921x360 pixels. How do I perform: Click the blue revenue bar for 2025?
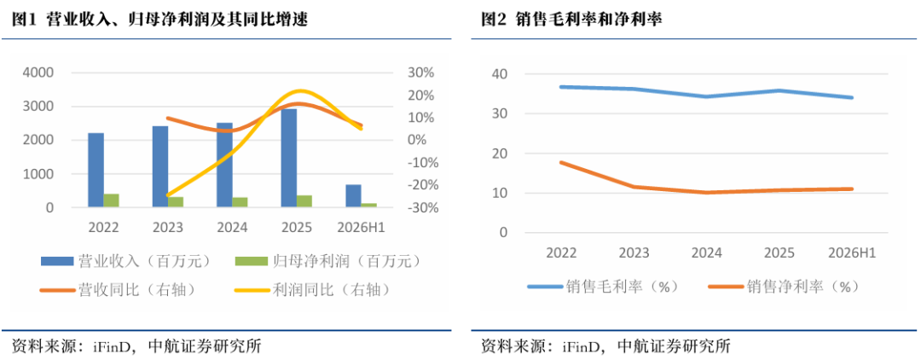pyautogui.click(x=289, y=158)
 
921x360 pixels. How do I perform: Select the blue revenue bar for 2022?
pyautogui.click(x=96, y=170)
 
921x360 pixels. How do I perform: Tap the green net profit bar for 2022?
pyautogui.click(x=112, y=200)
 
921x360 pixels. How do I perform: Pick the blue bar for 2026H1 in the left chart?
pyautogui.click(x=353, y=195)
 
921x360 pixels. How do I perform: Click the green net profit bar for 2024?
pyautogui.click(x=240, y=202)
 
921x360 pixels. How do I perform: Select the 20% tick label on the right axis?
pyautogui.click(x=420, y=96)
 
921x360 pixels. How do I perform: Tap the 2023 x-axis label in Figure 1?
pyautogui.click(x=168, y=228)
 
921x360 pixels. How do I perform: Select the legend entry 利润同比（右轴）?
pyautogui.click(x=312, y=289)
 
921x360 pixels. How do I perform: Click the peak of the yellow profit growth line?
pyautogui.click(x=300, y=91)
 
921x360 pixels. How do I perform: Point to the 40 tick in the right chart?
pyautogui.click(x=501, y=74)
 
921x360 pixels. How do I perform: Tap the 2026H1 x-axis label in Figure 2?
pyautogui.click(x=852, y=253)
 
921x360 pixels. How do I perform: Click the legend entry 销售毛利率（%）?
pyautogui.click(x=603, y=287)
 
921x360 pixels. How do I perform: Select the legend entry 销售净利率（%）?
pyautogui.click(x=785, y=287)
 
